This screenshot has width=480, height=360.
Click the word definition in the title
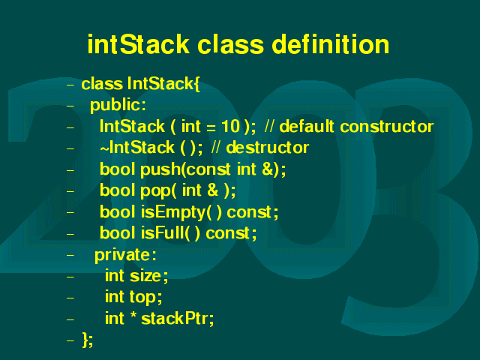point(330,45)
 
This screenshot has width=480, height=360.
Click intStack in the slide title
point(139,45)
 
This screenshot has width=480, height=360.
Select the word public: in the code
point(118,106)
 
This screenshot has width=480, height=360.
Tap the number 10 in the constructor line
point(230,126)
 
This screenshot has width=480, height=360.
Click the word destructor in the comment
point(268,148)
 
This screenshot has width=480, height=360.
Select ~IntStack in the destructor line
point(137,148)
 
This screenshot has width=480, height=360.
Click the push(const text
point(185,169)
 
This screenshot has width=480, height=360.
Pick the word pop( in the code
point(158,190)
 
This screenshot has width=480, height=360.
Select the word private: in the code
point(125,255)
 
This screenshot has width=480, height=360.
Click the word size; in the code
point(148,276)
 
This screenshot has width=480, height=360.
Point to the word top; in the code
point(145,297)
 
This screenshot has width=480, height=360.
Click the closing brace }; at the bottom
point(88,340)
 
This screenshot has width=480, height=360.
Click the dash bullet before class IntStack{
point(70,84)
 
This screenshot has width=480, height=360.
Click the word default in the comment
point(307,126)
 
